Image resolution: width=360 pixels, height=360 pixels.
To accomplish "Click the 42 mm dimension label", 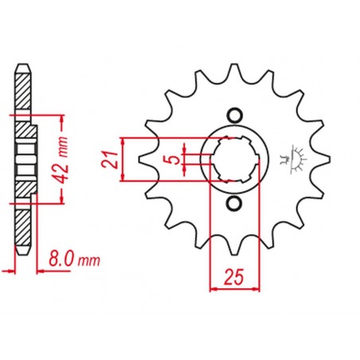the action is tap(63, 160).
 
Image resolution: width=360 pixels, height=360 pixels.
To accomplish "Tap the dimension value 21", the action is tap(109, 159).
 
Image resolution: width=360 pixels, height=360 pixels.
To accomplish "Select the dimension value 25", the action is tap(234, 276).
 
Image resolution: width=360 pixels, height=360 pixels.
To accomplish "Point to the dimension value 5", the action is tap(174, 160).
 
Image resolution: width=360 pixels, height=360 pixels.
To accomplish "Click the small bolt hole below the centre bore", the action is tap(234, 204).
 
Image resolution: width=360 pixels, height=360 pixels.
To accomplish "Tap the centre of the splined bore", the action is tap(235, 159).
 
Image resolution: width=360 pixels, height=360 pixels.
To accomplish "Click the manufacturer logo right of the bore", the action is tap(293, 159).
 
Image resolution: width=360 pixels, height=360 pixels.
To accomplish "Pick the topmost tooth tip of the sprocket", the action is tap(233, 65).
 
